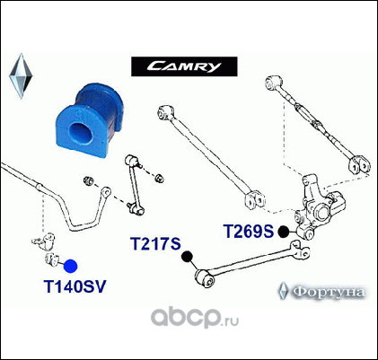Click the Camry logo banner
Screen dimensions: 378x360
click(184, 66)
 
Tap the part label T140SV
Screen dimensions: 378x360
click(75, 287)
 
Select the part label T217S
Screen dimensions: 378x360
click(155, 243)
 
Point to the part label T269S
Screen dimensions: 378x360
click(249, 231)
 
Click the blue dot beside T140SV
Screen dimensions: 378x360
click(71, 267)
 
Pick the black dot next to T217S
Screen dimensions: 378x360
click(187, 257)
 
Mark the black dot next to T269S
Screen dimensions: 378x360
click(284, 232)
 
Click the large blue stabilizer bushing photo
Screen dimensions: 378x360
click(89, 120)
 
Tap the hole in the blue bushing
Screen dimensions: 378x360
click(81, 133)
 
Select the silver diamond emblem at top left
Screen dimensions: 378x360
click(21, 76)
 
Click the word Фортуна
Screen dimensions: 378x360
click(329, 292)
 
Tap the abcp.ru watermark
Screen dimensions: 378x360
click(195, 318)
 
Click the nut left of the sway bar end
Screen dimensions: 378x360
click(88, 180)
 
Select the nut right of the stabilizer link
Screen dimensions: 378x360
click(159, 179)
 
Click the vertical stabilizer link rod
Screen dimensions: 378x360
click(134, 184)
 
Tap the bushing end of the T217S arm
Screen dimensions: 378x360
click(206, 278)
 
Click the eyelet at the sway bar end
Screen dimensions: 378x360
click(106, 191)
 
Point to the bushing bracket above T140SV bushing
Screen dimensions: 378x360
click(44, 241)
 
